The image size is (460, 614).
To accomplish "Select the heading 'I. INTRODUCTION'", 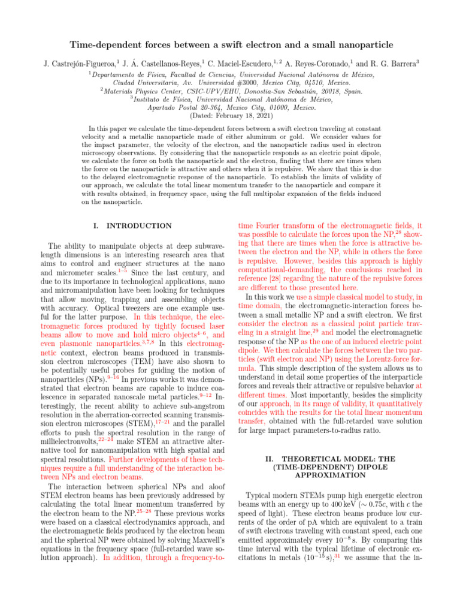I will pyautogui.click(x=129, y=225).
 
